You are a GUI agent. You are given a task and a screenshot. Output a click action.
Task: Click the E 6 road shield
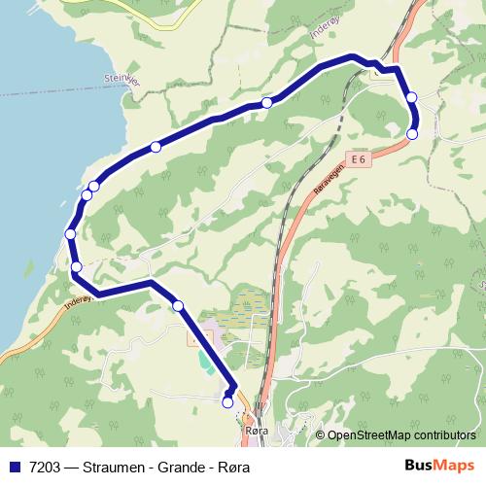click(x=358, y=159)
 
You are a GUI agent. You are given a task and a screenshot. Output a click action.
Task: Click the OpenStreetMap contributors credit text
click(x=401, y=435)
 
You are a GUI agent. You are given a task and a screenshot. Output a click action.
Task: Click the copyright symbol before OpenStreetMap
click(x=320, y=435)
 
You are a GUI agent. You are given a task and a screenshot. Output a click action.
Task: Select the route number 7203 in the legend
click(x=41, y=467)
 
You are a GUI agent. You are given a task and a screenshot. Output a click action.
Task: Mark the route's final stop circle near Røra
click(x=228, y=401)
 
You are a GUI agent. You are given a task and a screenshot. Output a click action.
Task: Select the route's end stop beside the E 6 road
click(x=412, y=134)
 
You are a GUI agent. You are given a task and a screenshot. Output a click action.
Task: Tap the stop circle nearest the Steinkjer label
click(x=156, y=147)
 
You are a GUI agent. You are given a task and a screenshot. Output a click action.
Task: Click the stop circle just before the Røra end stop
click(x=178, y=306)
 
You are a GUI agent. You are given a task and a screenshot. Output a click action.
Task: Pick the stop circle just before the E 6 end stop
click(x=411, y=96)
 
